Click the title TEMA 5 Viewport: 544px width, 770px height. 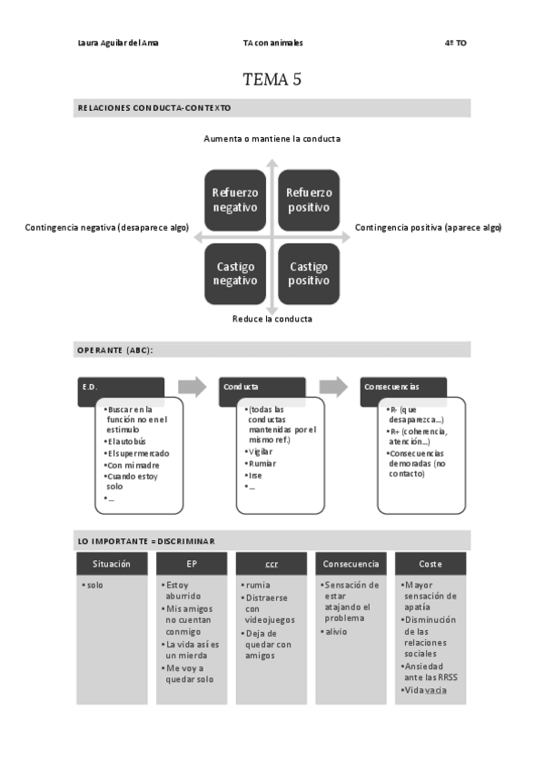click(272, 79)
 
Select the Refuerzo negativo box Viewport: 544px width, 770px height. click(235, 200)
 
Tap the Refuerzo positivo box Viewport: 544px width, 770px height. click(309, 200)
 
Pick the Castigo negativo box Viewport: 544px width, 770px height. click(235, 273)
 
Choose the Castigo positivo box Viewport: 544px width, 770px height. click(309, 273)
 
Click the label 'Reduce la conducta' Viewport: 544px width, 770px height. click(272, 319)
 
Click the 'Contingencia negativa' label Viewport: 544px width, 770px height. click(106, 228)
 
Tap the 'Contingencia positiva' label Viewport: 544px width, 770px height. click(428, 227)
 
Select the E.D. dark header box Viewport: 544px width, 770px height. click(120, 387)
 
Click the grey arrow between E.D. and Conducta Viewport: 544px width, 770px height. click(192, 387)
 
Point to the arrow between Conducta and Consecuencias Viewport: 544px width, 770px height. click(333, 387)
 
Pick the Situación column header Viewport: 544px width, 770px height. click(112, 563)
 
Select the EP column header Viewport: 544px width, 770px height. click(191, 563)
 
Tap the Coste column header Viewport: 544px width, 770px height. click(430, 563)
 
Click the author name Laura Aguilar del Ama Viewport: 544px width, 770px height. click(118, 43)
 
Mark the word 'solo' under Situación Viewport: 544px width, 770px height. click(94, 585)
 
